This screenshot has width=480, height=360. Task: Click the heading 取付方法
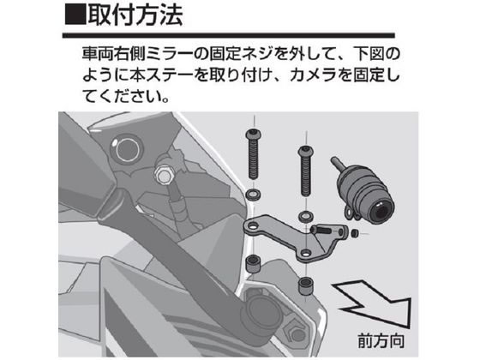tap(135, 15)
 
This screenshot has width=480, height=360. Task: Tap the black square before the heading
tap(75, 15)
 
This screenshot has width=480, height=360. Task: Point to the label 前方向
tap(381, 341)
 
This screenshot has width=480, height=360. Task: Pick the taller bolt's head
tap(254, 134)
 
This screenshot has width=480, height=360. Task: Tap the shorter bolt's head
tap(305, 151)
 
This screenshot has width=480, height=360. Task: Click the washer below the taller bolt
tap(254, 195)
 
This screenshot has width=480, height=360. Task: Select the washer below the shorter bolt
tap(305, 216)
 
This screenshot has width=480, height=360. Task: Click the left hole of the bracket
tap(253, 227)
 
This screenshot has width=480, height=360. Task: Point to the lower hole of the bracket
tap(305, 253)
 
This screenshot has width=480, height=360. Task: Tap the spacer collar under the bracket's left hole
tap(254, 264)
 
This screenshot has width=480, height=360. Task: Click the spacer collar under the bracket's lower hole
tap(305, 285)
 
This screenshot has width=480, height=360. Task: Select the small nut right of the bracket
tap(355, 233)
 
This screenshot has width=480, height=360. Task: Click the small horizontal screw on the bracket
tap(321, 230)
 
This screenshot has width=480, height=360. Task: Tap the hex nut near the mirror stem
tap(162, 175)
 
